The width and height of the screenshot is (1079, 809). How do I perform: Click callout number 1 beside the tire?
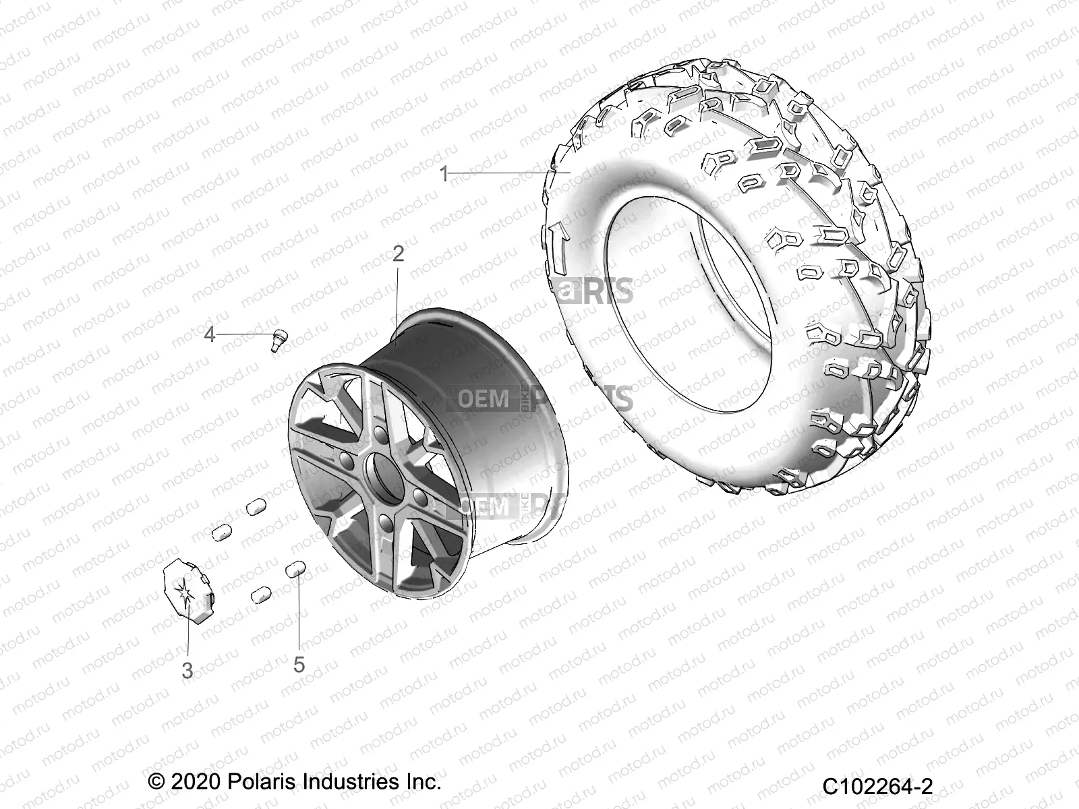pyautogui.click(x=444, y=174)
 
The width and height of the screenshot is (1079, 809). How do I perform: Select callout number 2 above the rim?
pyautogui.click(x=398, y=253)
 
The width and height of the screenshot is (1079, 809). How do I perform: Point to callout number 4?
pyautogui.click(x=210, y=334)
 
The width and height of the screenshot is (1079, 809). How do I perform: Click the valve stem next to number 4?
pyautogui.click(x=276, y=338)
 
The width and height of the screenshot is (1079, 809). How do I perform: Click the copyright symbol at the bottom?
pyautogui.click(x=156, y=782)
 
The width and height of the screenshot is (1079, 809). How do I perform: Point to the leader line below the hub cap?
pyautogui.click(x=188, y=630)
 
